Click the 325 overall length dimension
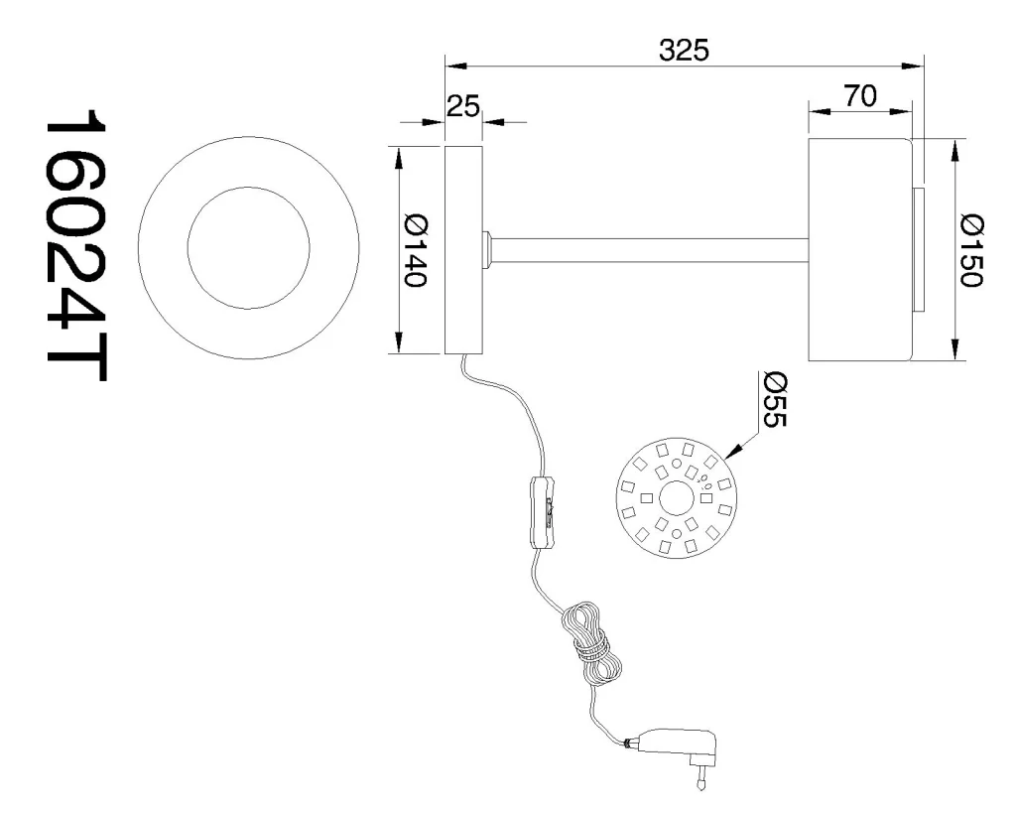point(684,50)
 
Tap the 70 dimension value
point(859,96)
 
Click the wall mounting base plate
point(462,250)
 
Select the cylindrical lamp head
point(859,250)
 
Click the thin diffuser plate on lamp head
point(919,250)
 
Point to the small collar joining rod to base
point(487,250)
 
